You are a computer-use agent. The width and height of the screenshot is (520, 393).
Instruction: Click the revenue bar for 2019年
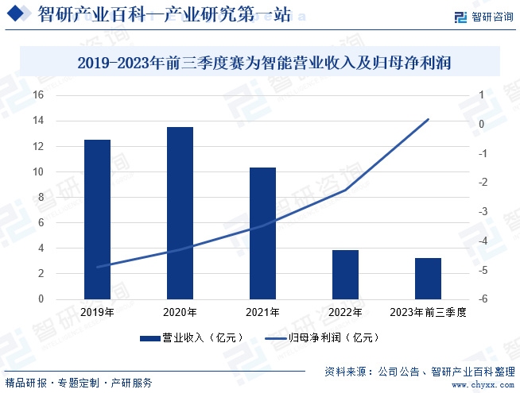(x=97, y=220)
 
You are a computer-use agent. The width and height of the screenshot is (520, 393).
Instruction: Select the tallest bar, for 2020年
(x=180, y=214)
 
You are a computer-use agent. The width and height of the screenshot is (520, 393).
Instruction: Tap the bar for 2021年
(x=262, y=233)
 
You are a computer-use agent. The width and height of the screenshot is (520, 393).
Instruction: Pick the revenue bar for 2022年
(x=345, y=275)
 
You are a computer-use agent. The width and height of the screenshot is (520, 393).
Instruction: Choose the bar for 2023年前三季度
(x=428, y=279)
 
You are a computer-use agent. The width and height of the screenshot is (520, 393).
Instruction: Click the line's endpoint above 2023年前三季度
(x=428, y=119)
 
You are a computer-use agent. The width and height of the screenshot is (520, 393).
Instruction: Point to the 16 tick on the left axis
(x=37, y=95)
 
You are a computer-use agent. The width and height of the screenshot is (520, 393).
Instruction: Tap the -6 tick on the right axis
(x=482, y=299)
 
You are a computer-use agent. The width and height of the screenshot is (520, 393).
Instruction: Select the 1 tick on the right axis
(x=480, y=95)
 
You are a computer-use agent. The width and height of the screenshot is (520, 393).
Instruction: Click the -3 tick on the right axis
(x=482, y=212)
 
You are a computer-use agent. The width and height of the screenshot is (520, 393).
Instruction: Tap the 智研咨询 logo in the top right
(x=483, y=17)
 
